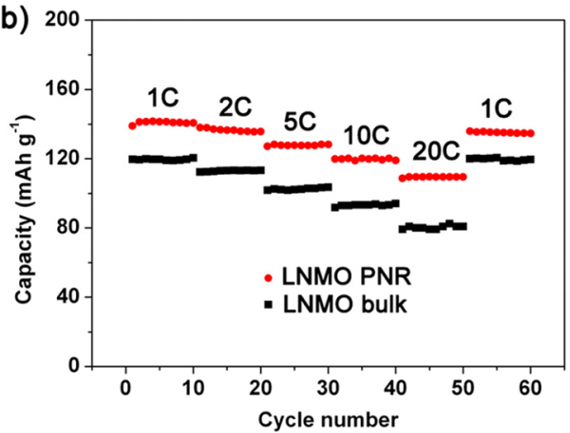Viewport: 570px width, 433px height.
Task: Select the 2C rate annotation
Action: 233,106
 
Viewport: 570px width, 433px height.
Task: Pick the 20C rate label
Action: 433,152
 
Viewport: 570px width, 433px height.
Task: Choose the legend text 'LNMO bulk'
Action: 340,303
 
